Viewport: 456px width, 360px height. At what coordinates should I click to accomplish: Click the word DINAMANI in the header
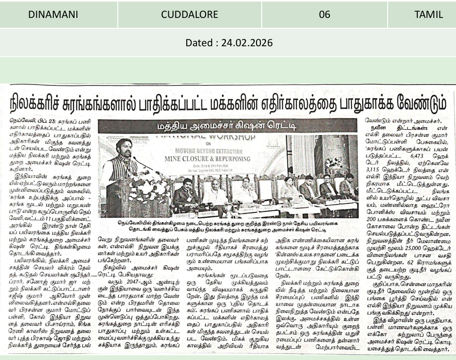coord(53,15)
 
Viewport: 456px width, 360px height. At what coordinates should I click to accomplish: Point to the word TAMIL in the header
coord(428,15)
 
